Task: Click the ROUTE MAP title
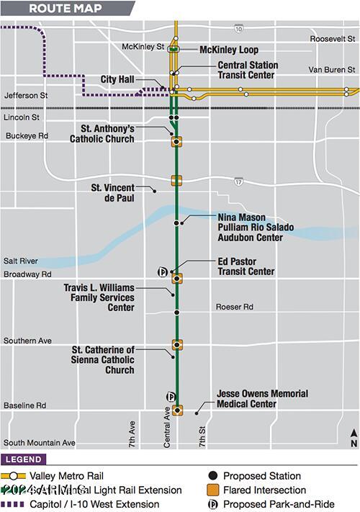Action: point(66,9)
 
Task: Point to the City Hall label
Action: point(117,79)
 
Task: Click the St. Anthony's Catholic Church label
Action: point(102,134)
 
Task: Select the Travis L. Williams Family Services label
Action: point(99,297)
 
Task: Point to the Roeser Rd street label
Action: point(235,307)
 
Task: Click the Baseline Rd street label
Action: point(24,405)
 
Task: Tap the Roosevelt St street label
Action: point(333,39)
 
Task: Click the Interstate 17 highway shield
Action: point(238,183)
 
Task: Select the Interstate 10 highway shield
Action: point(238,28)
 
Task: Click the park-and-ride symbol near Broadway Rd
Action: point(163,271)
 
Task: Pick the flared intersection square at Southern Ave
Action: point(177,344)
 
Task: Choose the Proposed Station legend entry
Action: point(261,476)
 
